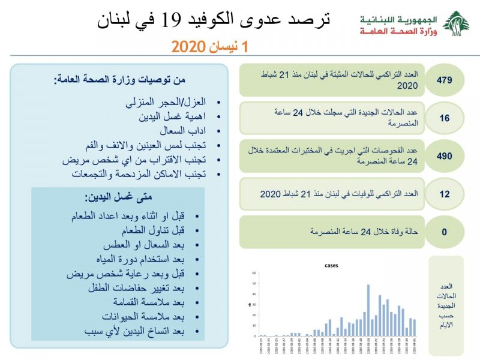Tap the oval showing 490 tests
[x=444, y=156]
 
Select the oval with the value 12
[x=444, y=194]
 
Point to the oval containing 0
[x=444, y=232]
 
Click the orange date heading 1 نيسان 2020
[x=209, y=46]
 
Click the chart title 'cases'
[x=332, y=265]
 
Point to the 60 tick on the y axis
[x=254, y=272]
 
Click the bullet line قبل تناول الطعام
[x=155, y=230]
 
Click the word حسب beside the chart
[x=447, y=316]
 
